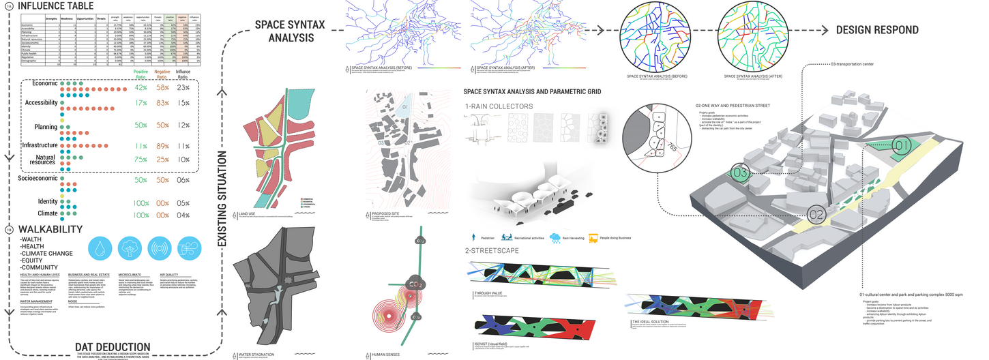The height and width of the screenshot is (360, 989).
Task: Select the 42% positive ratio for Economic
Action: point(141,88)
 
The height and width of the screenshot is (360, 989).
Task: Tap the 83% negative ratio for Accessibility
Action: point(162,103)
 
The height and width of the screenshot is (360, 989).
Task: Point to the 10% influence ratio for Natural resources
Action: point(183,159)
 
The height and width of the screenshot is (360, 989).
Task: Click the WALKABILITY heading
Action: point(52,229)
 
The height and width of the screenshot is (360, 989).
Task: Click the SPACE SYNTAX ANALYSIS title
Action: point(289,31)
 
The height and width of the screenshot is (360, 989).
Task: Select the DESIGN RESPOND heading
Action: point(877,30)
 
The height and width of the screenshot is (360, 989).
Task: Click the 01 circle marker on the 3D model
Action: point(902,145)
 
